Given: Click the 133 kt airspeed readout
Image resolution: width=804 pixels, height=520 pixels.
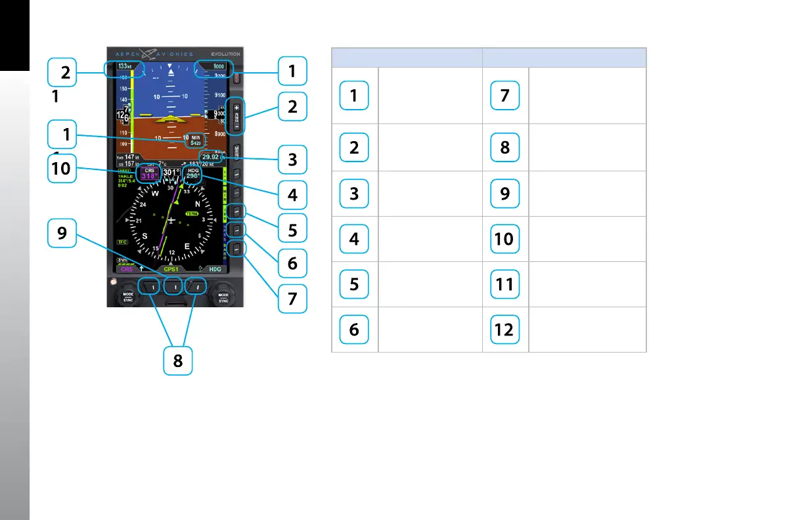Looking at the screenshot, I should pyautogui.click(x=123, y=67).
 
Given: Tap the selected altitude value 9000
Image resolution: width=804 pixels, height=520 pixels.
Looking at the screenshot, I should pyautogui.click(x=219, y=67).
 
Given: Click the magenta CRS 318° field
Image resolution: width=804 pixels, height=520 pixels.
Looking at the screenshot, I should pyautogui.click(x=148, y=173).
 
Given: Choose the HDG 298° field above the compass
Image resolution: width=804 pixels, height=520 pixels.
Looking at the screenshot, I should pyautogui.click(x=194, y=173).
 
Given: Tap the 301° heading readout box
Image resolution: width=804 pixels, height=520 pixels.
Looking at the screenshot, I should pyautogui.click(x=171, y=173).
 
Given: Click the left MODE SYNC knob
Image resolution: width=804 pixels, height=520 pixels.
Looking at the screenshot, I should pyautogui.click(x=128, y=296).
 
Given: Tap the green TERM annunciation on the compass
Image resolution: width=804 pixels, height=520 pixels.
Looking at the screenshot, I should pyautogui.click(x=192, y=214).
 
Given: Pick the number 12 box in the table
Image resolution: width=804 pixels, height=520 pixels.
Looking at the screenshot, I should pyautogui.click(x=504, y=329).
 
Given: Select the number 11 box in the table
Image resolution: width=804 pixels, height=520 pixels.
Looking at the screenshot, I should pyautogui.click(x=504, y=284).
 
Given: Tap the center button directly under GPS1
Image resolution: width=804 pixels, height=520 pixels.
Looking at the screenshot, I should pyautogui.click(x=173, y=286).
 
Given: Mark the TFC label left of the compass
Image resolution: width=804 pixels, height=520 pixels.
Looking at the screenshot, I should pyautogui.click(x=122, y=242).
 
